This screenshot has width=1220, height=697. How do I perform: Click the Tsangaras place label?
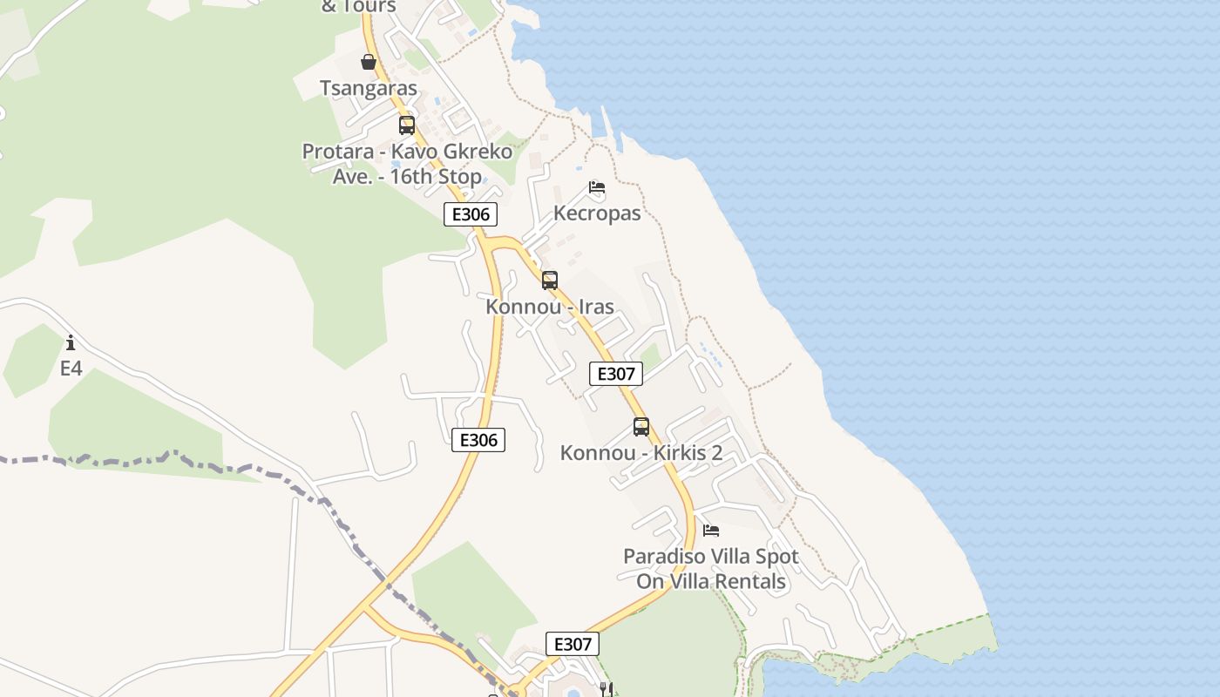[x=369, y=88]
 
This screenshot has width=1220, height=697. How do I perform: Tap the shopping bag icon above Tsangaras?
[x=369, y=62]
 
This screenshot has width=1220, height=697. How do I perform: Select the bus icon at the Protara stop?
[x=407, y=125]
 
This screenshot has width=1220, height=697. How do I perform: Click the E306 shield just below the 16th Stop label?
[x=471, y=214]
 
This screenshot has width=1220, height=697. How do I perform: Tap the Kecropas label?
[x=597, y=213]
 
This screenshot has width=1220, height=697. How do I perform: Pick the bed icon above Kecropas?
[x=597, y=187]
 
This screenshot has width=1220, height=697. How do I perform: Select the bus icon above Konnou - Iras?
[x=550, y=281]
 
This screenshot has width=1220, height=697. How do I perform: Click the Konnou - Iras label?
[x=550, y=307]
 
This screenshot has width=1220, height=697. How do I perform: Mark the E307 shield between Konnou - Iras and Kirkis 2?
[x=616, y=374]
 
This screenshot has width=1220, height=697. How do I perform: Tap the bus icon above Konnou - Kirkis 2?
[x=641, y=427]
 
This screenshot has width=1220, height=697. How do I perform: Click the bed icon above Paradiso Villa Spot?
[x=711, y=530]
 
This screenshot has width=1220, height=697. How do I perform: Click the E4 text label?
[x=71, y=369]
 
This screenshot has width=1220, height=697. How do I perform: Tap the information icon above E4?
[x=71, y=343]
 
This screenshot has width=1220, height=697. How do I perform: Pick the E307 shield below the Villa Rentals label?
[x=573, y=644]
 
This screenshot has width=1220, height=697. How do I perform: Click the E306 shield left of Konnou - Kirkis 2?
[x=478, y=440]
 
